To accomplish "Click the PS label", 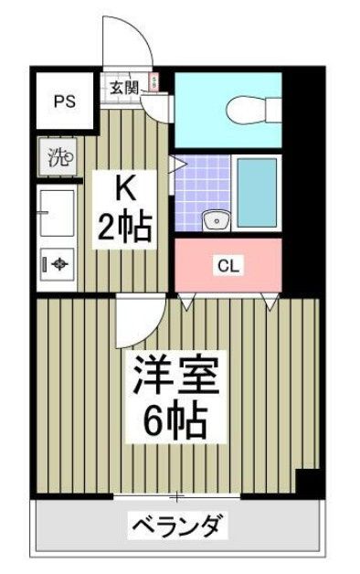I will [x=64, y=101].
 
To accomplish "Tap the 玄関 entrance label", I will [x=125, y=88].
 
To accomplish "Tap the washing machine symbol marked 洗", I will [x=58, y=156].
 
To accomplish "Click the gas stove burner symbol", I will [x=58, y=265].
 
